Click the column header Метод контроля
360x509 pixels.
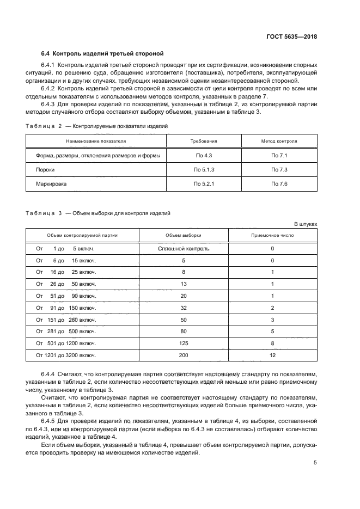click(x=279, y=140)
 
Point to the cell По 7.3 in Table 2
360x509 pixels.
click(x=279, y=170)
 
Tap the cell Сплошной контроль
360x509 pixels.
click(x=184, y=249)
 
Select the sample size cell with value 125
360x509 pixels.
click(x=184, y=344)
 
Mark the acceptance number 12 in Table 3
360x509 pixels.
click(x=272, y=355)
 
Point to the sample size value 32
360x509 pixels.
click(x=184, y=308)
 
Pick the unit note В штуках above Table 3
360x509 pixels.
click(x=306, y=224)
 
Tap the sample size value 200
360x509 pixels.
click(x=184, y=355)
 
